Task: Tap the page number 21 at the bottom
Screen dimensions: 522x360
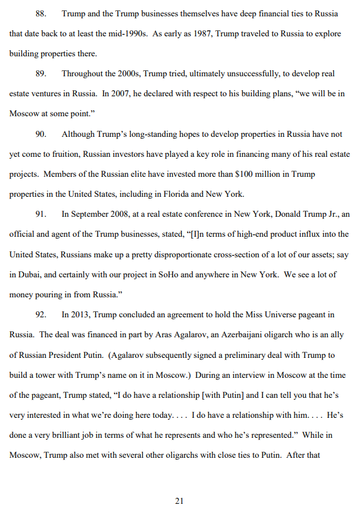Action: tap(179, 501)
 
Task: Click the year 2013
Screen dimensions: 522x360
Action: tap(78, 314)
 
